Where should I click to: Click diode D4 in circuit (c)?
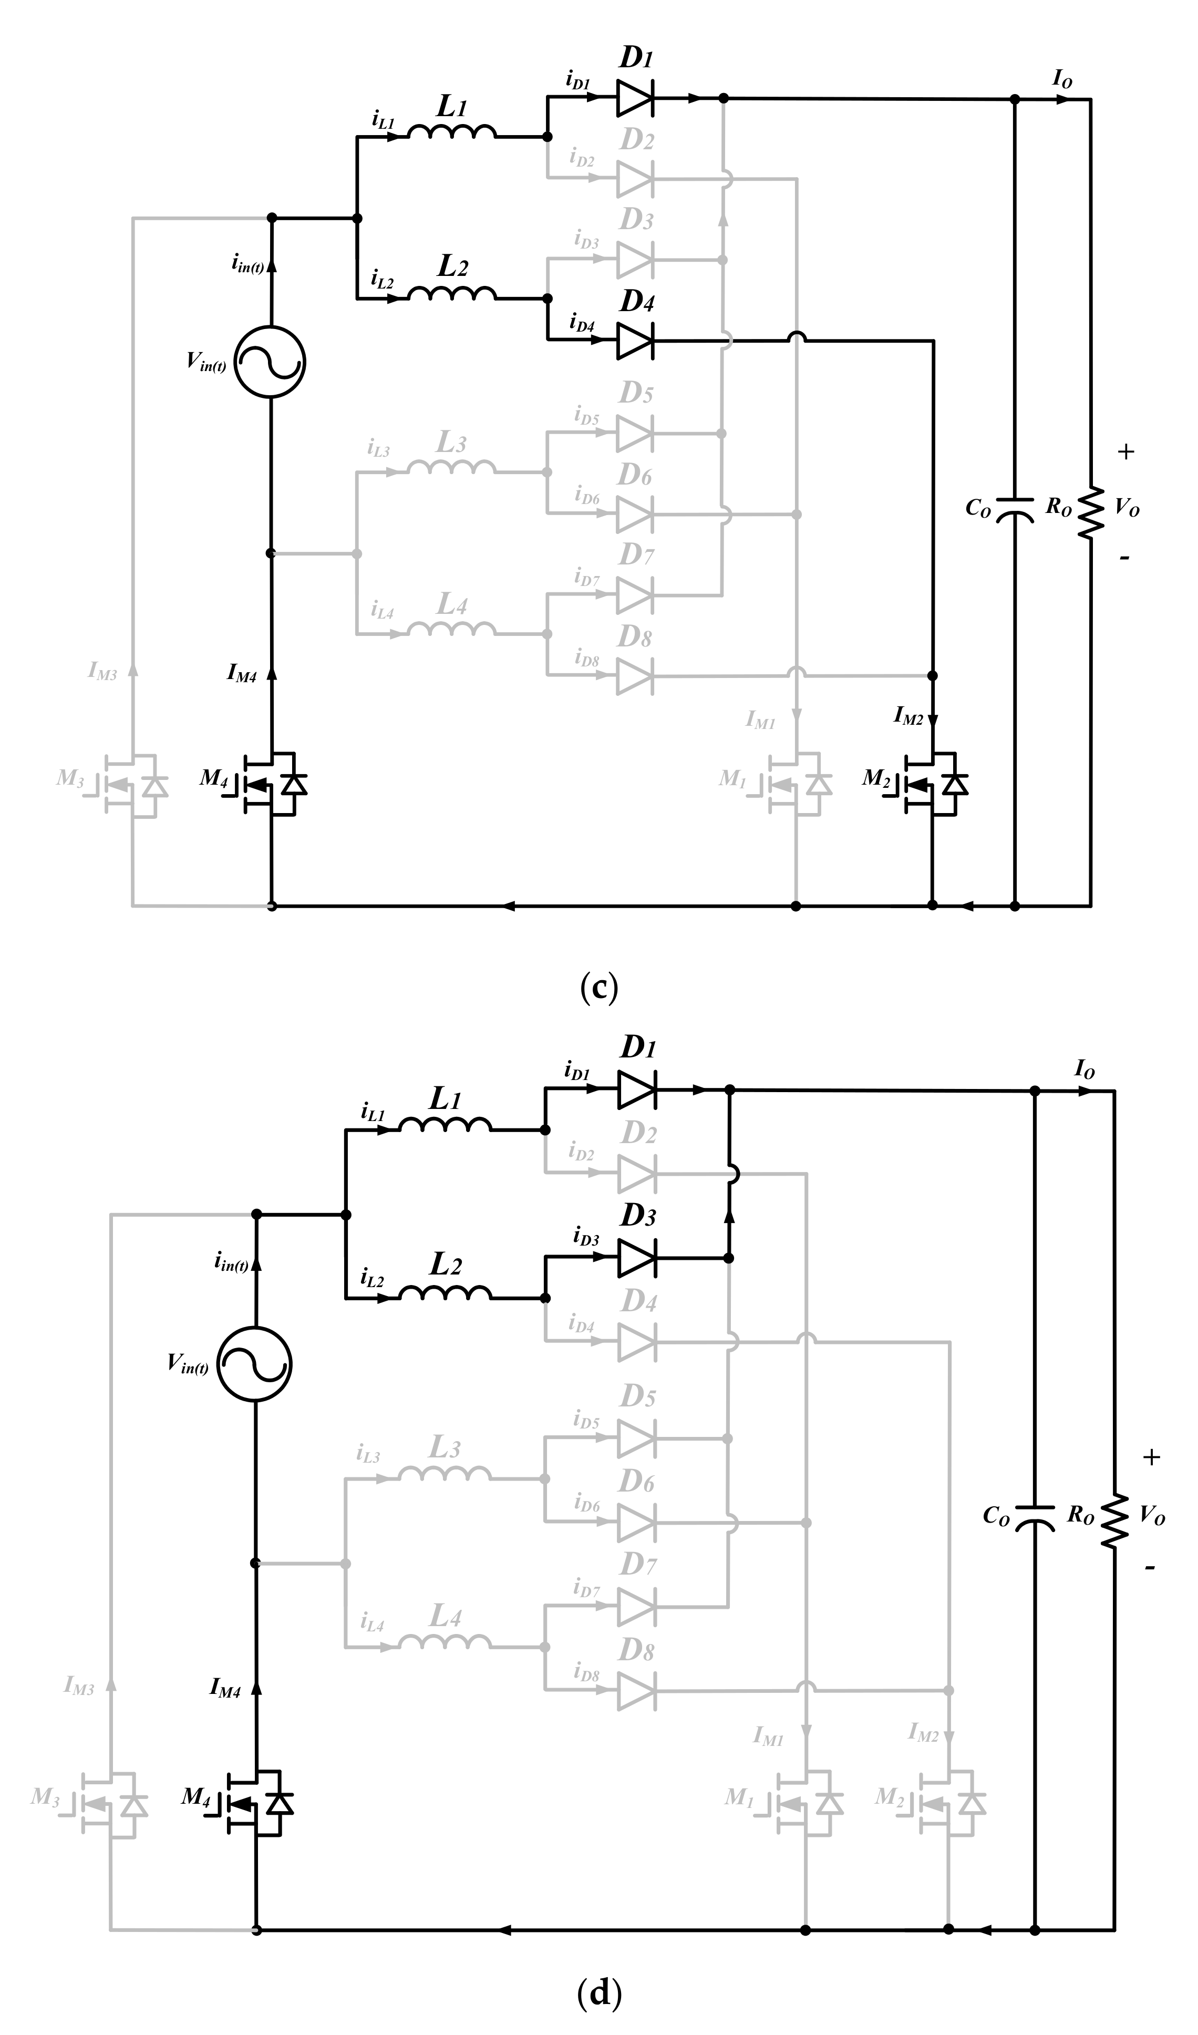click(x=635, y=340)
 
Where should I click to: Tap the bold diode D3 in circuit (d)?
click(x=636, y=1258)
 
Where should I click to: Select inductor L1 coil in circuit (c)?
click(x=451, y=131)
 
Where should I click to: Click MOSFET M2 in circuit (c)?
click(x=933, y=783)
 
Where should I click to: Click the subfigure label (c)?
click(x=599, y=987)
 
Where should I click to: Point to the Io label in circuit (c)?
click(x=1062, y=79)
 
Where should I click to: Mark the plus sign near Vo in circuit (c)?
click(x=1125, y=451)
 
